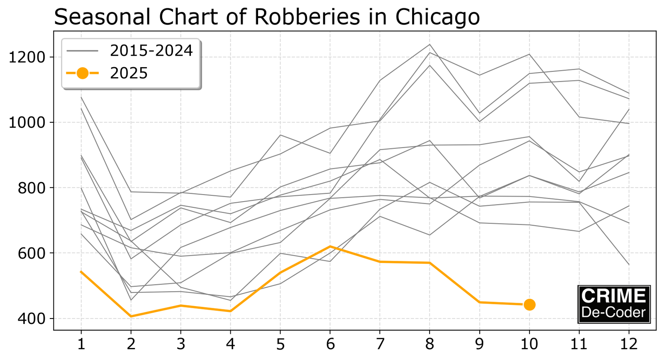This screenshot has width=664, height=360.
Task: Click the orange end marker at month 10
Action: click(x=529, y=305)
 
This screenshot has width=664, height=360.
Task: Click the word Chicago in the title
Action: click(x=437, y=17)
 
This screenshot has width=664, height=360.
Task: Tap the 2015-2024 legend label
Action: click(x=151, y=51)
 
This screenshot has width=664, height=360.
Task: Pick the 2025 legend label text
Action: click(x=129, y=73)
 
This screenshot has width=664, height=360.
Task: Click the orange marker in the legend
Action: click(x=82, y=73)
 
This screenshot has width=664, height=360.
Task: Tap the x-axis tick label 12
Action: click(x=629, y=344)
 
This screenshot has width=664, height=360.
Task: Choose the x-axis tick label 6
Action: click(x=330, y=344)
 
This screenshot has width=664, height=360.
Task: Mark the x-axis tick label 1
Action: click(x=81, y=344)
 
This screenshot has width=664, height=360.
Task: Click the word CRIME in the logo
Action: click(x=613, y=296)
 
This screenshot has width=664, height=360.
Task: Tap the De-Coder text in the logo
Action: click(x=613, y=312)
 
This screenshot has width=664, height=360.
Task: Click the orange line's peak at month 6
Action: click(x=330, y=246)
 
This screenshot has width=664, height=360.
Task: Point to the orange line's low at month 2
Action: click(x=131, y=316)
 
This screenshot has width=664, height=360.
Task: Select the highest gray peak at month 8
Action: click(x=430, y=44)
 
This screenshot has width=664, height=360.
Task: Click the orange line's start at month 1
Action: click(x=81, y=271)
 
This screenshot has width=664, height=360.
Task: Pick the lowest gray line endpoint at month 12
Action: click(x=629, y=265)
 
